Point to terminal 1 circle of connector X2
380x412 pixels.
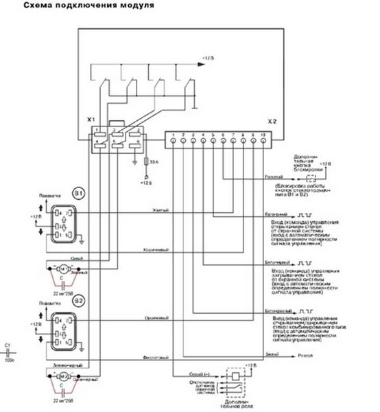(x=174, y=141)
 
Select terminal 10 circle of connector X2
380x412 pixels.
(x=263, y=141)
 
